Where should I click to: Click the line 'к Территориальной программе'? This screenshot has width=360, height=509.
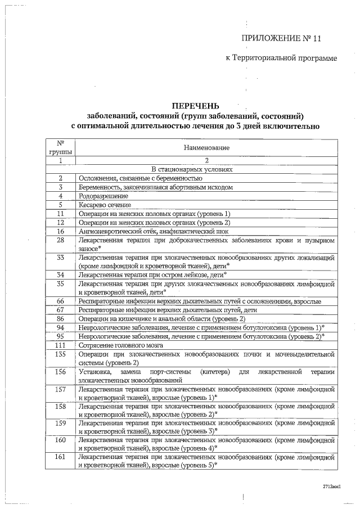(x=281, y=58)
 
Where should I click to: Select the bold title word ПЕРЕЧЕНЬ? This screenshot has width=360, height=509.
(x=196, y=106)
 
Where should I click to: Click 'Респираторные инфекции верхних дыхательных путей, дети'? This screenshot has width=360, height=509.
(x=168, y=309)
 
